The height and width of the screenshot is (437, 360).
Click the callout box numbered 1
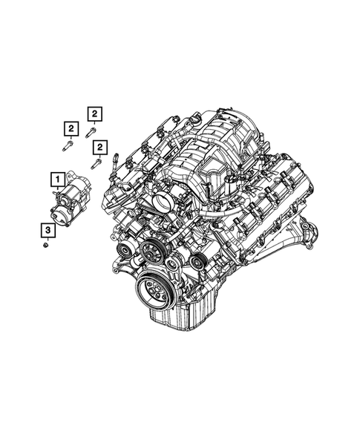coord(58,180)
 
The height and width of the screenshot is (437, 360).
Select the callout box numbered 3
coord(48,230)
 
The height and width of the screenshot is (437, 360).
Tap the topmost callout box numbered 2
coord(95,114)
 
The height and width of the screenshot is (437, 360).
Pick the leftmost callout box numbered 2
coord(71,129)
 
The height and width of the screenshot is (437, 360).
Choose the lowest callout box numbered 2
coord(100,146)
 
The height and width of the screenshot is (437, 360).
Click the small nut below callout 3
coord(46,245)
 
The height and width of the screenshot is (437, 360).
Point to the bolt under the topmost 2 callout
coord(90,133)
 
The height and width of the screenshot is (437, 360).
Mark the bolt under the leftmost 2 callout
coord(68,146)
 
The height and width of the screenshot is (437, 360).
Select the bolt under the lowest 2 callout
coord(96,164)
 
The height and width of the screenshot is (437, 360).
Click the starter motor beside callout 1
coord(71,199)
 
